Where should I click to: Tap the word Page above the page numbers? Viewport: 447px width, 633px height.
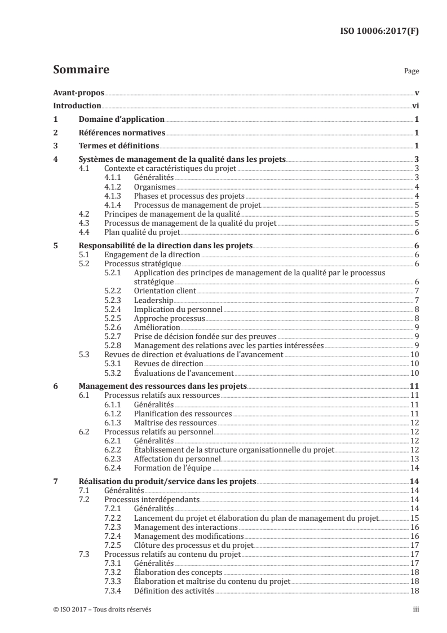411,72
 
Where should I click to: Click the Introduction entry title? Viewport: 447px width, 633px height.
77,105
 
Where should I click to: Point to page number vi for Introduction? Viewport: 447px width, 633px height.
415,105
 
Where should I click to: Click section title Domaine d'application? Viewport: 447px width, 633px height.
121,119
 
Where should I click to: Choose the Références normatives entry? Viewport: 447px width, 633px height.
122,133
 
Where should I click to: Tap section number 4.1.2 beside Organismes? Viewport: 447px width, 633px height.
114,186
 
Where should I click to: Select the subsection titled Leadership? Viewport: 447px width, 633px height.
154,300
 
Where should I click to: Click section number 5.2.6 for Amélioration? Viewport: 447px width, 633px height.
114,327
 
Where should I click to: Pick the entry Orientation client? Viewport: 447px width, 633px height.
165,291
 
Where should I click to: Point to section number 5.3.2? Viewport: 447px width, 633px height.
114,372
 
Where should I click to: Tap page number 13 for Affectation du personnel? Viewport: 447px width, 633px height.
414,458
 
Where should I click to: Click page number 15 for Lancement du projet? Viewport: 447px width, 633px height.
414,517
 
